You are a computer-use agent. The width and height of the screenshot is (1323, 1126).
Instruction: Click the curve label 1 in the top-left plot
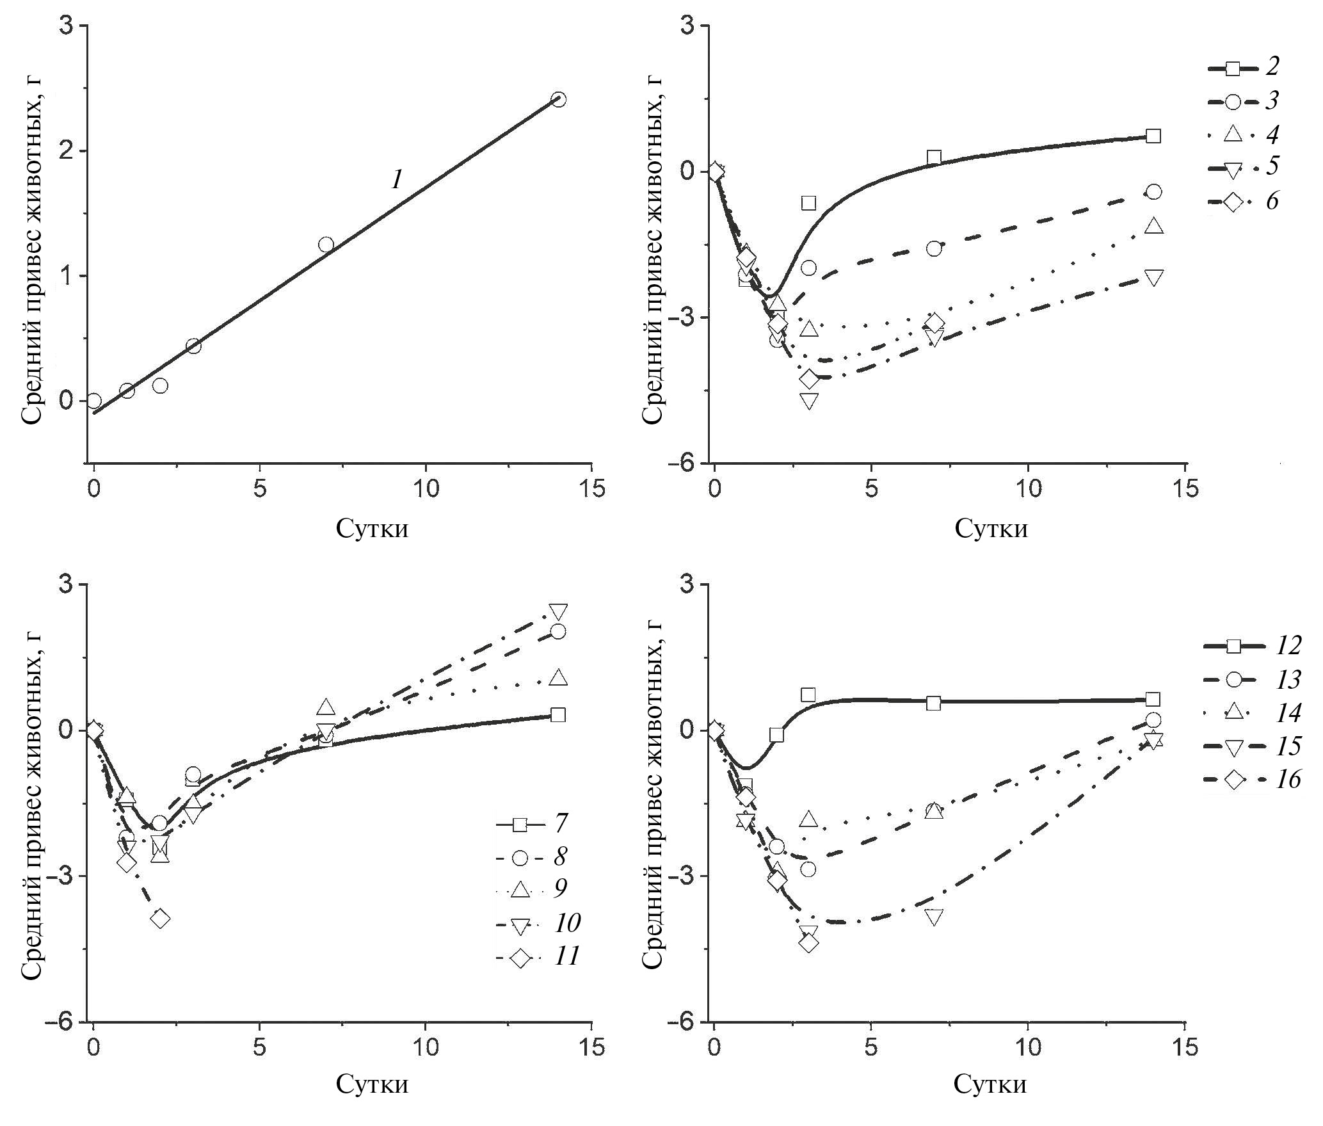coord(397,181)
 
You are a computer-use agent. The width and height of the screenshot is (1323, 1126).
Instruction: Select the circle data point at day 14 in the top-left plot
coord(558,99)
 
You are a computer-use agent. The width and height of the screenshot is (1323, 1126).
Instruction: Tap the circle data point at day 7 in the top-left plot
coord(326,245)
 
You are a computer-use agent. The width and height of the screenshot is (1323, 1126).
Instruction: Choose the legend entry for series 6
coord(1242,201)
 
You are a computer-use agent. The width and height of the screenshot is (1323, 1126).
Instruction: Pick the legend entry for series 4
coord(1242,134)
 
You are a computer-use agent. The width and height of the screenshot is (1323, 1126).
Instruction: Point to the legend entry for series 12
coord(1251,646)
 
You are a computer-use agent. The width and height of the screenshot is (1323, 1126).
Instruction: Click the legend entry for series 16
coord(1251,779)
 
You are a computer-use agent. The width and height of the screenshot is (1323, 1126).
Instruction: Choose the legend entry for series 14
coord(1251,712)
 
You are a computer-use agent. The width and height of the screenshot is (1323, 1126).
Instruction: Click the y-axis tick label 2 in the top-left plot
coord(65,152)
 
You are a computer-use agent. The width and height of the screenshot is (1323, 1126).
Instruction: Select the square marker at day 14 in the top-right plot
coord(1153,136)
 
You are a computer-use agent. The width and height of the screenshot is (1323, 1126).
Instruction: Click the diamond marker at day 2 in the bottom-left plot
coord(160,919)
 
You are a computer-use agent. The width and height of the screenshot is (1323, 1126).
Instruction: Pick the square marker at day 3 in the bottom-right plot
coord(808,695)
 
